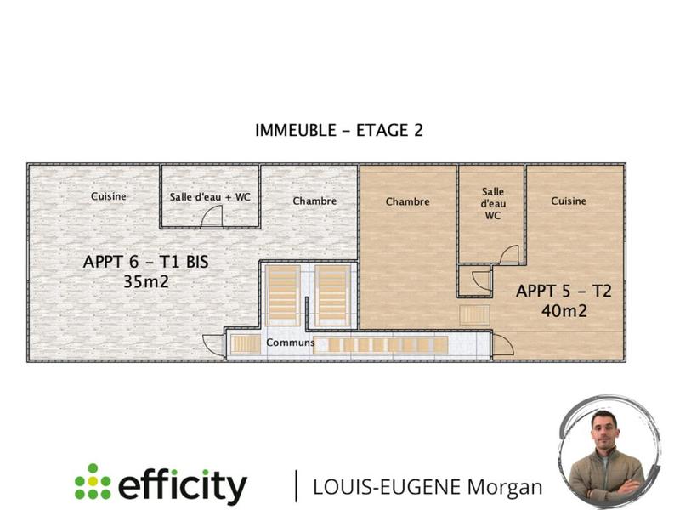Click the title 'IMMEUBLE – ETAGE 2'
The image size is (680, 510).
(339, 130)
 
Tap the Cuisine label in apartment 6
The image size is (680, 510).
(109, 196)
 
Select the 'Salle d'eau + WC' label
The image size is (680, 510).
(210, 196)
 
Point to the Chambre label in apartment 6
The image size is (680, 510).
(314, 201)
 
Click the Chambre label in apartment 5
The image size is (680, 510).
(407, 201)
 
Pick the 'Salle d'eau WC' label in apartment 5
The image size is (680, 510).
(493, 204)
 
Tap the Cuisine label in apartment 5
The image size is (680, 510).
(569, 201)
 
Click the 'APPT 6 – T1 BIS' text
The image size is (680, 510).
(145, 262)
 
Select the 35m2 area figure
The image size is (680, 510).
(146, 281)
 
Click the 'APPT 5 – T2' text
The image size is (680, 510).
(564, 292)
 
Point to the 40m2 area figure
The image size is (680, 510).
(564, 311)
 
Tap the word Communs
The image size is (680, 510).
(290, 343)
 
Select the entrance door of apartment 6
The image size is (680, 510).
(213, 344)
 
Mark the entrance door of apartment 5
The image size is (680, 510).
(501, 344)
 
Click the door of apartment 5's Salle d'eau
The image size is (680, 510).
(509, 254)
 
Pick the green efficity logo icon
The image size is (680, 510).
(93, 482)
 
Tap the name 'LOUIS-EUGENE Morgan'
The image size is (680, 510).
(428, 486)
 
